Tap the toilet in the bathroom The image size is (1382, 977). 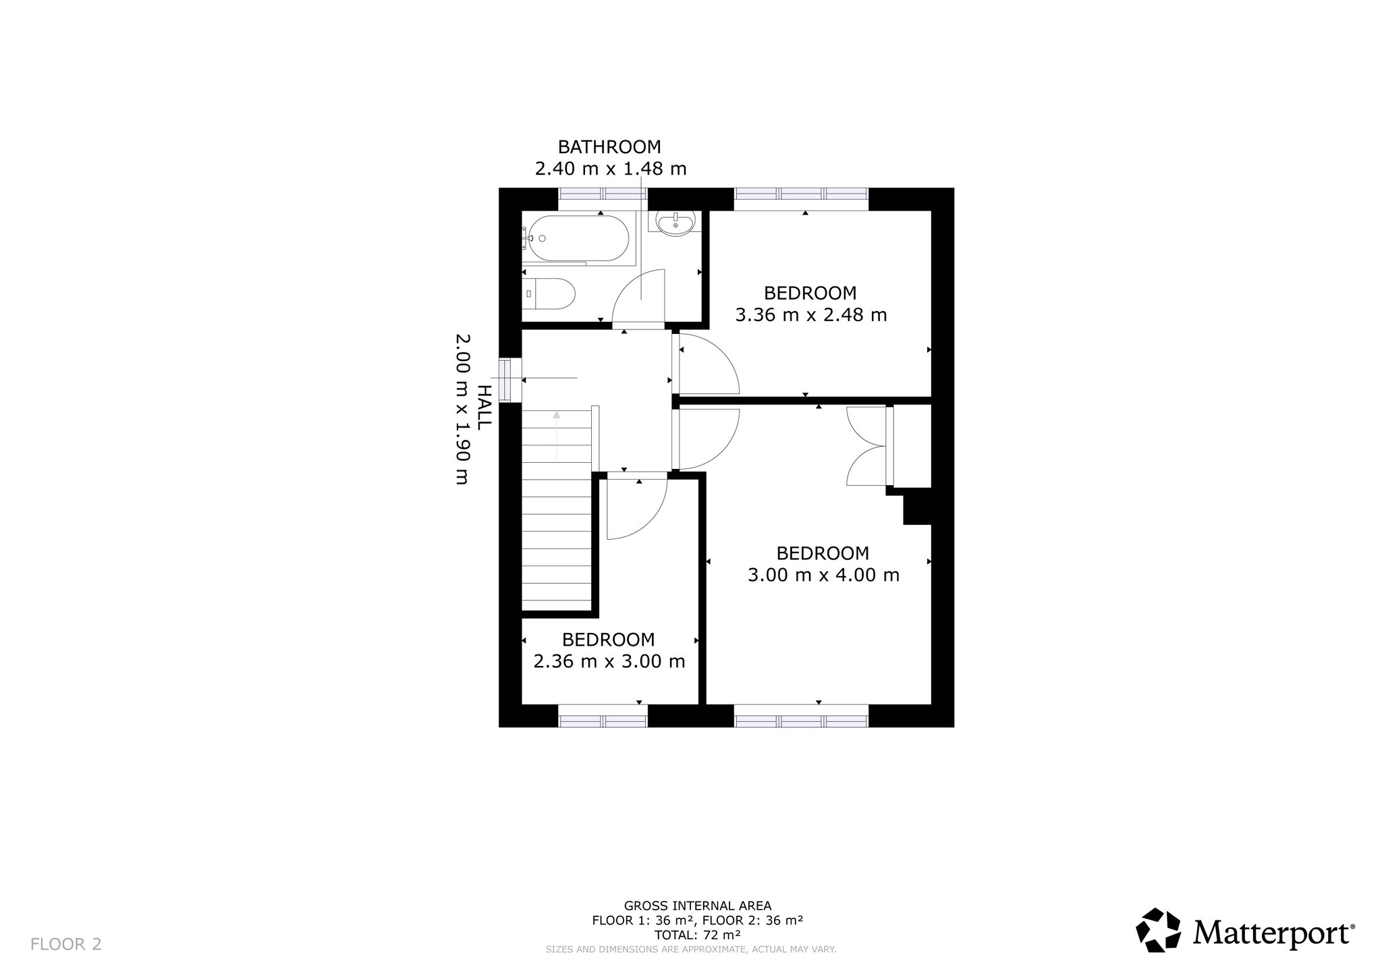click(549, 294)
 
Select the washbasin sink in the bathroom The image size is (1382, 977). click(675, 223)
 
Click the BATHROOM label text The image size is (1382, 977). click(609, 146)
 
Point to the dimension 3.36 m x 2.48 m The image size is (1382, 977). click(810, 315)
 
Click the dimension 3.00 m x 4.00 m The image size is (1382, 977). click(823, 575)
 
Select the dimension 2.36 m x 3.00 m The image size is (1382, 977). click(609, 661)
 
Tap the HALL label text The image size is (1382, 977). click(484, 408)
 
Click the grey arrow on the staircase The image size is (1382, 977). click(557, 436)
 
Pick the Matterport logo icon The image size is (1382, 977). click(1158, 930)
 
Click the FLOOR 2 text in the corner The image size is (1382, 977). click(66, 944)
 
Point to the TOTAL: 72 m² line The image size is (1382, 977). click(698, 935)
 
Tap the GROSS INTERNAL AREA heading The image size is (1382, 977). click(698, 905)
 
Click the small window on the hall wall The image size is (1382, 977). click(510, 380)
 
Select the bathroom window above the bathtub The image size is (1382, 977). click(603, 194)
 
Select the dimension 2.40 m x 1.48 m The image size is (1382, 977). click(611, 169)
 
